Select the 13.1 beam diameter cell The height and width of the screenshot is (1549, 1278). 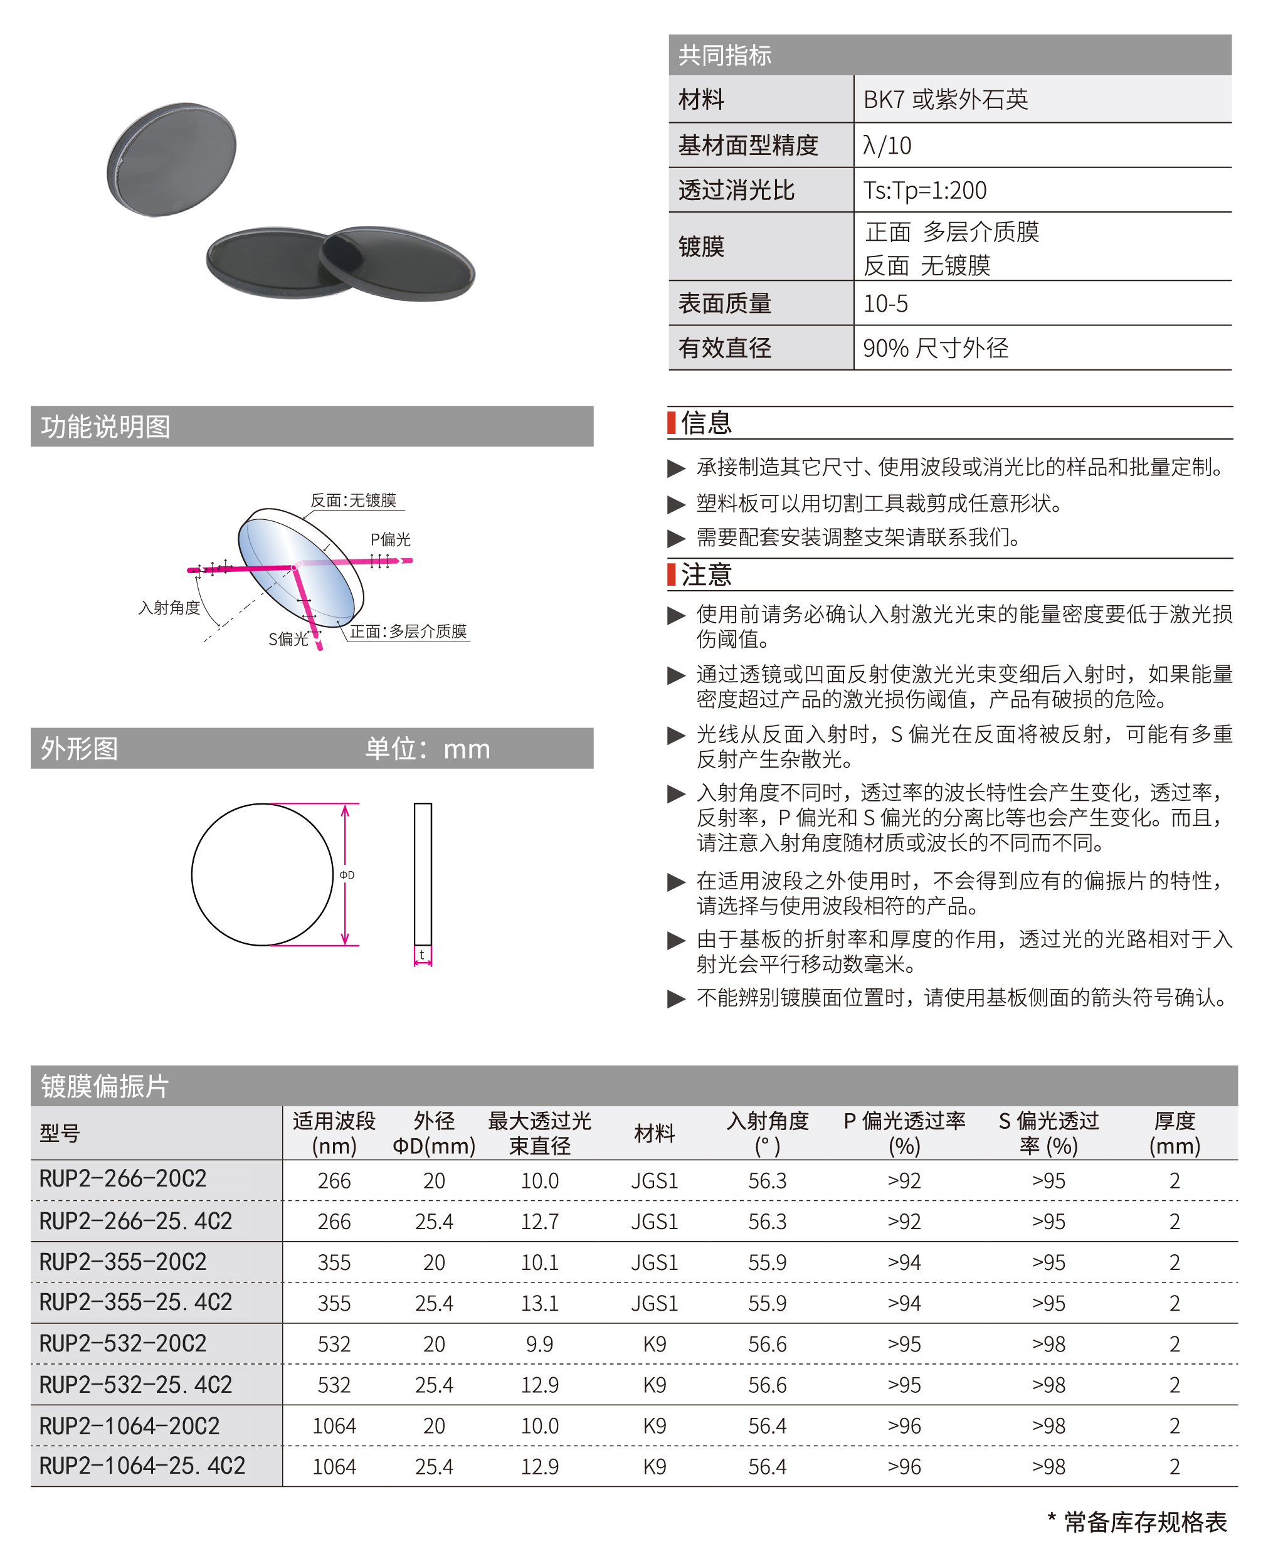pos(540,1303)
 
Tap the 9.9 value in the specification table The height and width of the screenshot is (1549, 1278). pos(540,1345)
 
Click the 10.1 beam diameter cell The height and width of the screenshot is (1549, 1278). pos(540,1262)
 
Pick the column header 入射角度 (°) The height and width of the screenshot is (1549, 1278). pos(767,1133)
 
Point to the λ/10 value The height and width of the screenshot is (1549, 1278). pos(887,145)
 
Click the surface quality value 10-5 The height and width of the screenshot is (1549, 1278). pos(885,304)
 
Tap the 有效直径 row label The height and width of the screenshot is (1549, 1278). pos(724,347)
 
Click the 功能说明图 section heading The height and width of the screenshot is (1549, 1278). pos(105,427)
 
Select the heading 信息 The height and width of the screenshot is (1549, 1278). pos(706,423)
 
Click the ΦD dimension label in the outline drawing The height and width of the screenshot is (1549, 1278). pos(347,875)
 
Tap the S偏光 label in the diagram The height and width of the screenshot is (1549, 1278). pos(288,639)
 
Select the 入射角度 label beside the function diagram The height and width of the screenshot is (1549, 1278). pos(169,608)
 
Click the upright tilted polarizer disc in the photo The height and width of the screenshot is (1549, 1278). pos(172,160)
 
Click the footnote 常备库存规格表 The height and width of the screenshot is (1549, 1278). pos(1145,1522)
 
